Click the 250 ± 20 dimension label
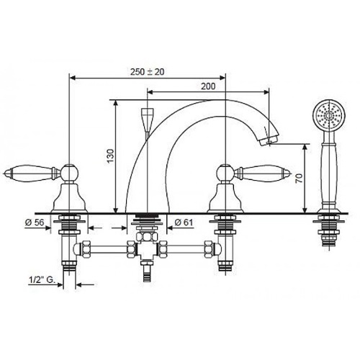tap(147, 72)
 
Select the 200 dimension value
tap(208, 86)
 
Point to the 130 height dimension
tap(110, 156)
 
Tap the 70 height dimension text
tap(299, 179)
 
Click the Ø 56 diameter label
tap(35, 222)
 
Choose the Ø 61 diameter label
tap(184, 222)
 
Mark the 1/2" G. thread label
tap(42, 280)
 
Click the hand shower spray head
tap(329, 116)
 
